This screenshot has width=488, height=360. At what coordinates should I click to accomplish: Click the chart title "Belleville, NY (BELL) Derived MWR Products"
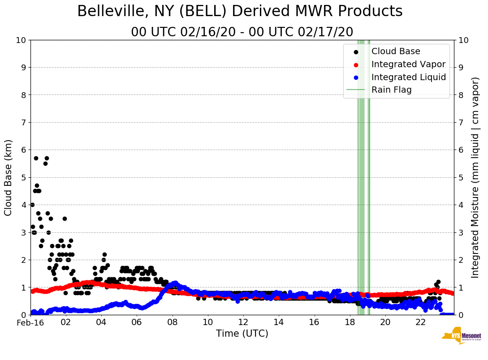pos(240,12)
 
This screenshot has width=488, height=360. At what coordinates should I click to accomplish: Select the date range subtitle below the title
pos(242,32)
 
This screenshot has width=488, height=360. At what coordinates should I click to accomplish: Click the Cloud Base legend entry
pos(395,51)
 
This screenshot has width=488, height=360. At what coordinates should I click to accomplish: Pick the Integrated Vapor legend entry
pos(408,64)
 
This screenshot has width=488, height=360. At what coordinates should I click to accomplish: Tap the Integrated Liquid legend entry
pos(408,77)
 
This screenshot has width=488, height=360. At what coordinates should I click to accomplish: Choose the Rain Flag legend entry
pos(391,90)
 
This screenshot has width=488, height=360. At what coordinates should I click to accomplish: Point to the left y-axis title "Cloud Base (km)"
pos(9,177)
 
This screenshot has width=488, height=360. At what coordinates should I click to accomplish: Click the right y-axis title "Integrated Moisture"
pos(475,177)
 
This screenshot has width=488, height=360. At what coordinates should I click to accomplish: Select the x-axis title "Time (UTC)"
pos(242,334)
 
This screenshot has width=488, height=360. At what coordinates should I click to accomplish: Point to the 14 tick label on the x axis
pos(279,322)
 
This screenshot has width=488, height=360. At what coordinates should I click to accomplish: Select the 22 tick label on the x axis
pos(420,322)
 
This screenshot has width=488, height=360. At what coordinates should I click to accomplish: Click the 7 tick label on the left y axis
pos(23,122)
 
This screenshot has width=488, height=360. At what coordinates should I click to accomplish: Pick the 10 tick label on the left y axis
pos(21,40)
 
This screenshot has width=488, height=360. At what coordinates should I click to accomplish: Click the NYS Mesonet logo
pos(462,338)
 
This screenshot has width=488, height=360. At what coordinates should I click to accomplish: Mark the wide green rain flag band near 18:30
pos(361,179)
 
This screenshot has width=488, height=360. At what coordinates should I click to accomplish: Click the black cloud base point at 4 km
pos(32,205)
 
